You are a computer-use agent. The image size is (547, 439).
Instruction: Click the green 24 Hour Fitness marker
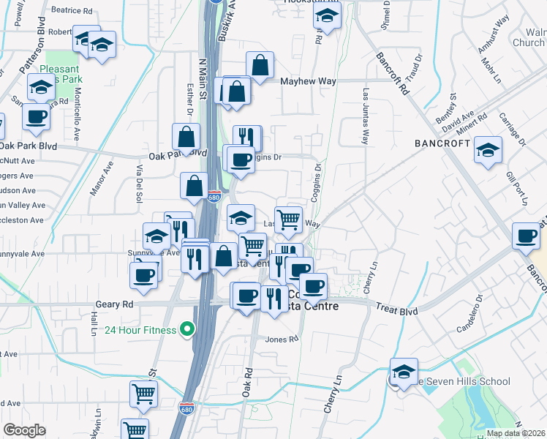(x=187, y=330)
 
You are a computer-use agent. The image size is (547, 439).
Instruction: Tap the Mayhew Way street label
(x=309, y=81)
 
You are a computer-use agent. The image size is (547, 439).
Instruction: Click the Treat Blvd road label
(x=397, y=311)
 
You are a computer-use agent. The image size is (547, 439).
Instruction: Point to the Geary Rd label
(x=114, y=304)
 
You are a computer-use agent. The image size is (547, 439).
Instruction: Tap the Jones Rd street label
(x=282, y=339)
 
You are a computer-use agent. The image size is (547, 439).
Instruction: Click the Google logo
(x=24, y=430)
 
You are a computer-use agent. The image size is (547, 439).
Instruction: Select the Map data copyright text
(x=516, y=433)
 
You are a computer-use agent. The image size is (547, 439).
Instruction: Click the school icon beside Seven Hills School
(x=404, y=372)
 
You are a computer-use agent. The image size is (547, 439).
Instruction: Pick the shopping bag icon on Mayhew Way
(x=260, y=65)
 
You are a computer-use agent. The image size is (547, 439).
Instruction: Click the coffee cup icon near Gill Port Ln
(x=525, y=236)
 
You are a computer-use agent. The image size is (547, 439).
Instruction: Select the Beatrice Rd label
(x=72, y=11)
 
